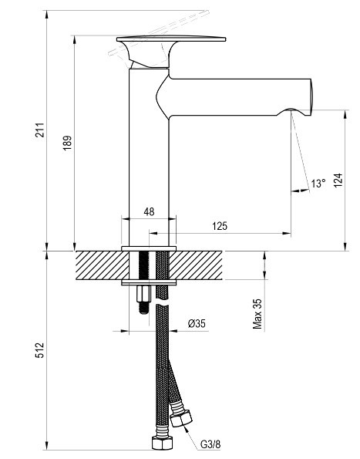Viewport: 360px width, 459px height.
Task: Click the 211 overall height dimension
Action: click(x=40, y=130)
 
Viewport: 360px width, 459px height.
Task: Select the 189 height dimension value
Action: click(x=67, y=143)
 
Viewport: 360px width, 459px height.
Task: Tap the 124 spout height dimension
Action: click(x=338, y=180)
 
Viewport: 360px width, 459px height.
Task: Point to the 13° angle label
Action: click(x=318, y=184)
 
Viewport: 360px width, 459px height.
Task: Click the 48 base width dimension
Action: click(x=149, y=211)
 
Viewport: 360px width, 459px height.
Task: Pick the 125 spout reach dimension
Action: click(x=220, y=226)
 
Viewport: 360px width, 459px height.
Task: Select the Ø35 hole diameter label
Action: click(x=197, y=323)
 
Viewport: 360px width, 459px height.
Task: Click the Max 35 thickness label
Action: click(x=257, y=314)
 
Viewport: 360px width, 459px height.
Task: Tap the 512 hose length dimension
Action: click(x=40, y=349)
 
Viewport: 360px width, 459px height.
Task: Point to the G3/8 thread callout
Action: click(x=210, y=444)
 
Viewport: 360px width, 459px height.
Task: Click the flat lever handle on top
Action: click(x=171, y=39)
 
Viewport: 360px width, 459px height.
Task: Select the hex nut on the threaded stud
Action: click(x=143, y=294)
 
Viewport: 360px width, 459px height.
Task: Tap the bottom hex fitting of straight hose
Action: click(x=162, y=443)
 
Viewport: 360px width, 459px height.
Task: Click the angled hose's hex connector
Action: click(x=181, y=418)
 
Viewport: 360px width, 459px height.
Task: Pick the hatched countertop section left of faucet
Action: click(x=103, y=265)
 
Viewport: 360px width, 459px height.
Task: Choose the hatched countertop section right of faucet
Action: click(x=196, y=265)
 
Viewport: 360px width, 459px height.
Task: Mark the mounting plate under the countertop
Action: click(x=149, y=282)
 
